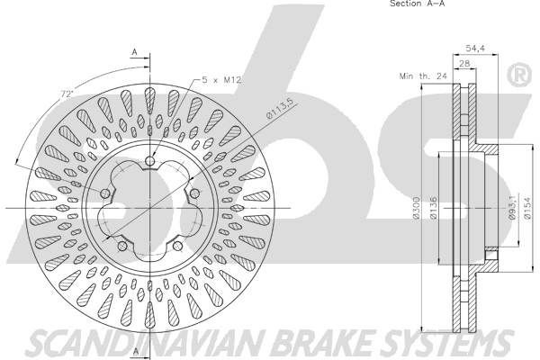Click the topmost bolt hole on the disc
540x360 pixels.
150,163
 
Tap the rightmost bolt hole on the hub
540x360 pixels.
193,193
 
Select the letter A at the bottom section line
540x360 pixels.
134,349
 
